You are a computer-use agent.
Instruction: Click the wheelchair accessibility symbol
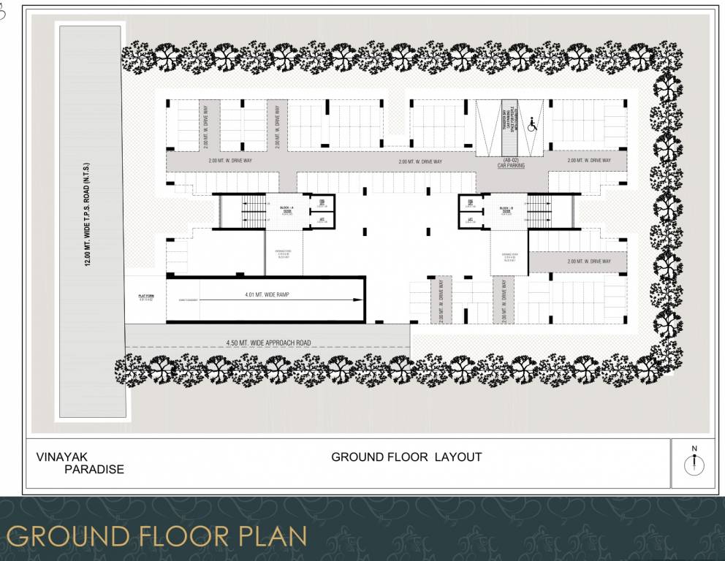click(531, 126)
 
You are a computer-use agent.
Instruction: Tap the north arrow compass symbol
click(695, 465)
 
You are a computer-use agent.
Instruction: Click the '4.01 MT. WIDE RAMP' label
click(267, 294)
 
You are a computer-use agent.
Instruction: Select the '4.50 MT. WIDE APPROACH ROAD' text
click(269, 342)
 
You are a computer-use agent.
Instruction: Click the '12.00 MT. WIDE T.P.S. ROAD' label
click(87, 215)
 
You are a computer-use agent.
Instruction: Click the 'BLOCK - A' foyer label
click(286, 209)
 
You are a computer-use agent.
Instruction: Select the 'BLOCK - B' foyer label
click(506, 209)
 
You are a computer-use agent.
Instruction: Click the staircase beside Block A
click(253, 212)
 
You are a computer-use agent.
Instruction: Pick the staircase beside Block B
click(539, 211)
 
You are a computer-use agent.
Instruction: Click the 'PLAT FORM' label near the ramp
click(144, 297)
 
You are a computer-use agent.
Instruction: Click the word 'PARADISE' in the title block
click(94, 470)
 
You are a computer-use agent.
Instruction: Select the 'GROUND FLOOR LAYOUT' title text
click(406, 457)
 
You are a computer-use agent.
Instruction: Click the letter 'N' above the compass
click(695, 448)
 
